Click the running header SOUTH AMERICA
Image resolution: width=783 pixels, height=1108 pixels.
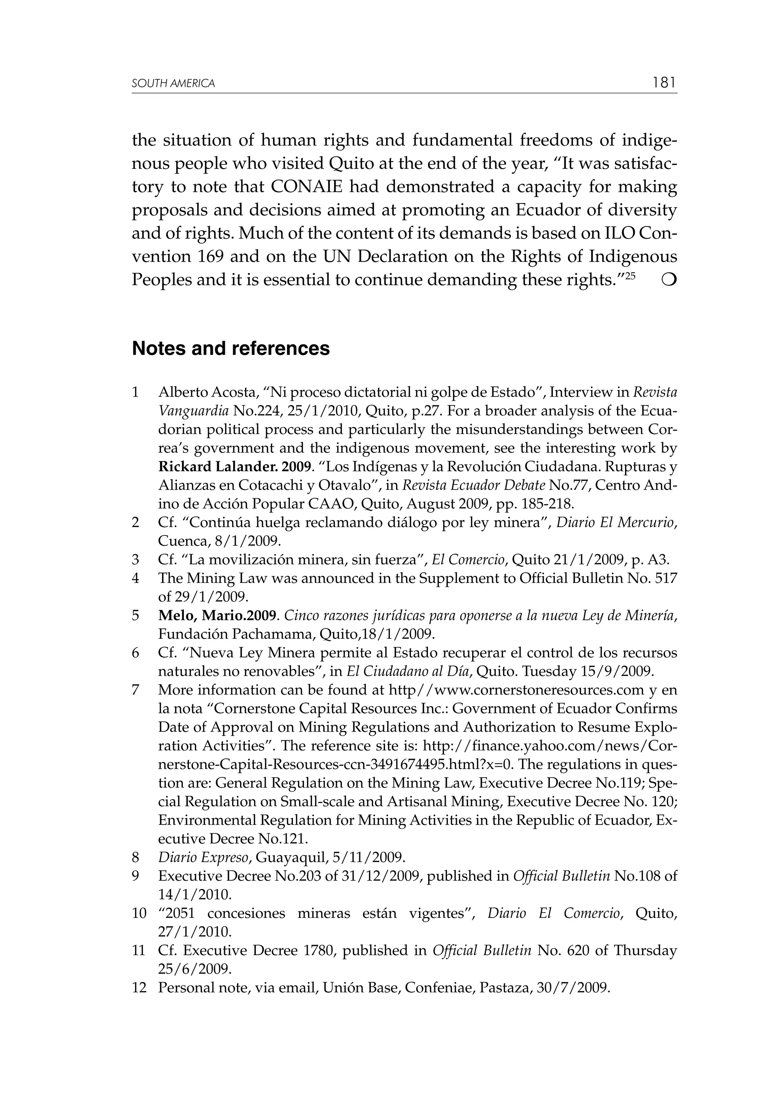(173, 83)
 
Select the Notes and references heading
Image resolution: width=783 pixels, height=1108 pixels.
(231, 348)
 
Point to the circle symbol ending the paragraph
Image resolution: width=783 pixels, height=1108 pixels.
(669, 280)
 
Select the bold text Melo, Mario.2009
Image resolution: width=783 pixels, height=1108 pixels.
(217, 616)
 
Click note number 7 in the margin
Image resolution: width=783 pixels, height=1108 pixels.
(136, 690)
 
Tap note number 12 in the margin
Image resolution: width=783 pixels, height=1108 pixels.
(139, 988)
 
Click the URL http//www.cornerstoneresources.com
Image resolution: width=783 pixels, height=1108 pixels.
(516, 690)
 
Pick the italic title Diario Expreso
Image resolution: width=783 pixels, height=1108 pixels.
(204, 857)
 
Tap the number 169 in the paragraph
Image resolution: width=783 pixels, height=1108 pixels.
(211, 256)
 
